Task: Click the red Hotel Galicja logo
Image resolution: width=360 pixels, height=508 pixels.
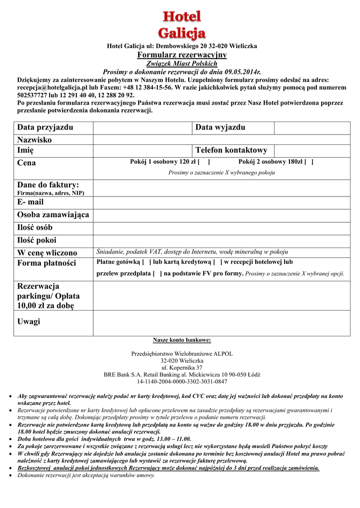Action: pos(182,25)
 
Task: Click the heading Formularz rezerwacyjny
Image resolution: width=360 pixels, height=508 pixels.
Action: pos(182,55)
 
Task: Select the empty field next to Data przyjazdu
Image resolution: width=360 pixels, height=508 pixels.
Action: pos(142,128)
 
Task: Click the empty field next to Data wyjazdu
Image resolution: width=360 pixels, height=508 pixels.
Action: pos(312,128)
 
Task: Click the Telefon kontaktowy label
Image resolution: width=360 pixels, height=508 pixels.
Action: pos(231,150)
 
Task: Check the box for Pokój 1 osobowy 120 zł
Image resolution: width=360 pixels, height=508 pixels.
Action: pos(204,162)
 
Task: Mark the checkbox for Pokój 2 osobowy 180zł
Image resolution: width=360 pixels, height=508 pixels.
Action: pos(309,162)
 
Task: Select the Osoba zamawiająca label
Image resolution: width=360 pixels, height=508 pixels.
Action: pos(53,215)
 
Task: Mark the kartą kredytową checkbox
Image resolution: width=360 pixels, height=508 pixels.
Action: pos(217,262)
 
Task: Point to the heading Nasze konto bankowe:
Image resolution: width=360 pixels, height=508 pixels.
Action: pos(182,340)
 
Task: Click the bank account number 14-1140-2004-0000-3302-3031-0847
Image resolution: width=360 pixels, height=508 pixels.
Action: pos(182,382)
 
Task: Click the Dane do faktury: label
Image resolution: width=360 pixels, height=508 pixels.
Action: pos(48,185)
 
